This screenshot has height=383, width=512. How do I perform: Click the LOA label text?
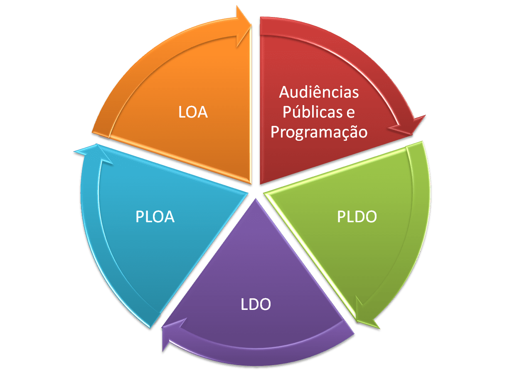click(x=193, y=113)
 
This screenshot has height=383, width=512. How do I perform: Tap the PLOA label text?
click(x=155, y=216)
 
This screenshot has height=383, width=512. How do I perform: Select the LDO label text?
click(x=256, y=304)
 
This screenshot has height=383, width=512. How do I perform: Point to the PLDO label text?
click(x=357, y=216)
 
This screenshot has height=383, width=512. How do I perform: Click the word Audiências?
click(x=319, y=92)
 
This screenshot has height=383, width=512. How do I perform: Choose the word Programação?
click(x=319, y=132)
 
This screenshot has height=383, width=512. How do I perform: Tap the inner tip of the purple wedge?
click(x=255, y=200)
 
